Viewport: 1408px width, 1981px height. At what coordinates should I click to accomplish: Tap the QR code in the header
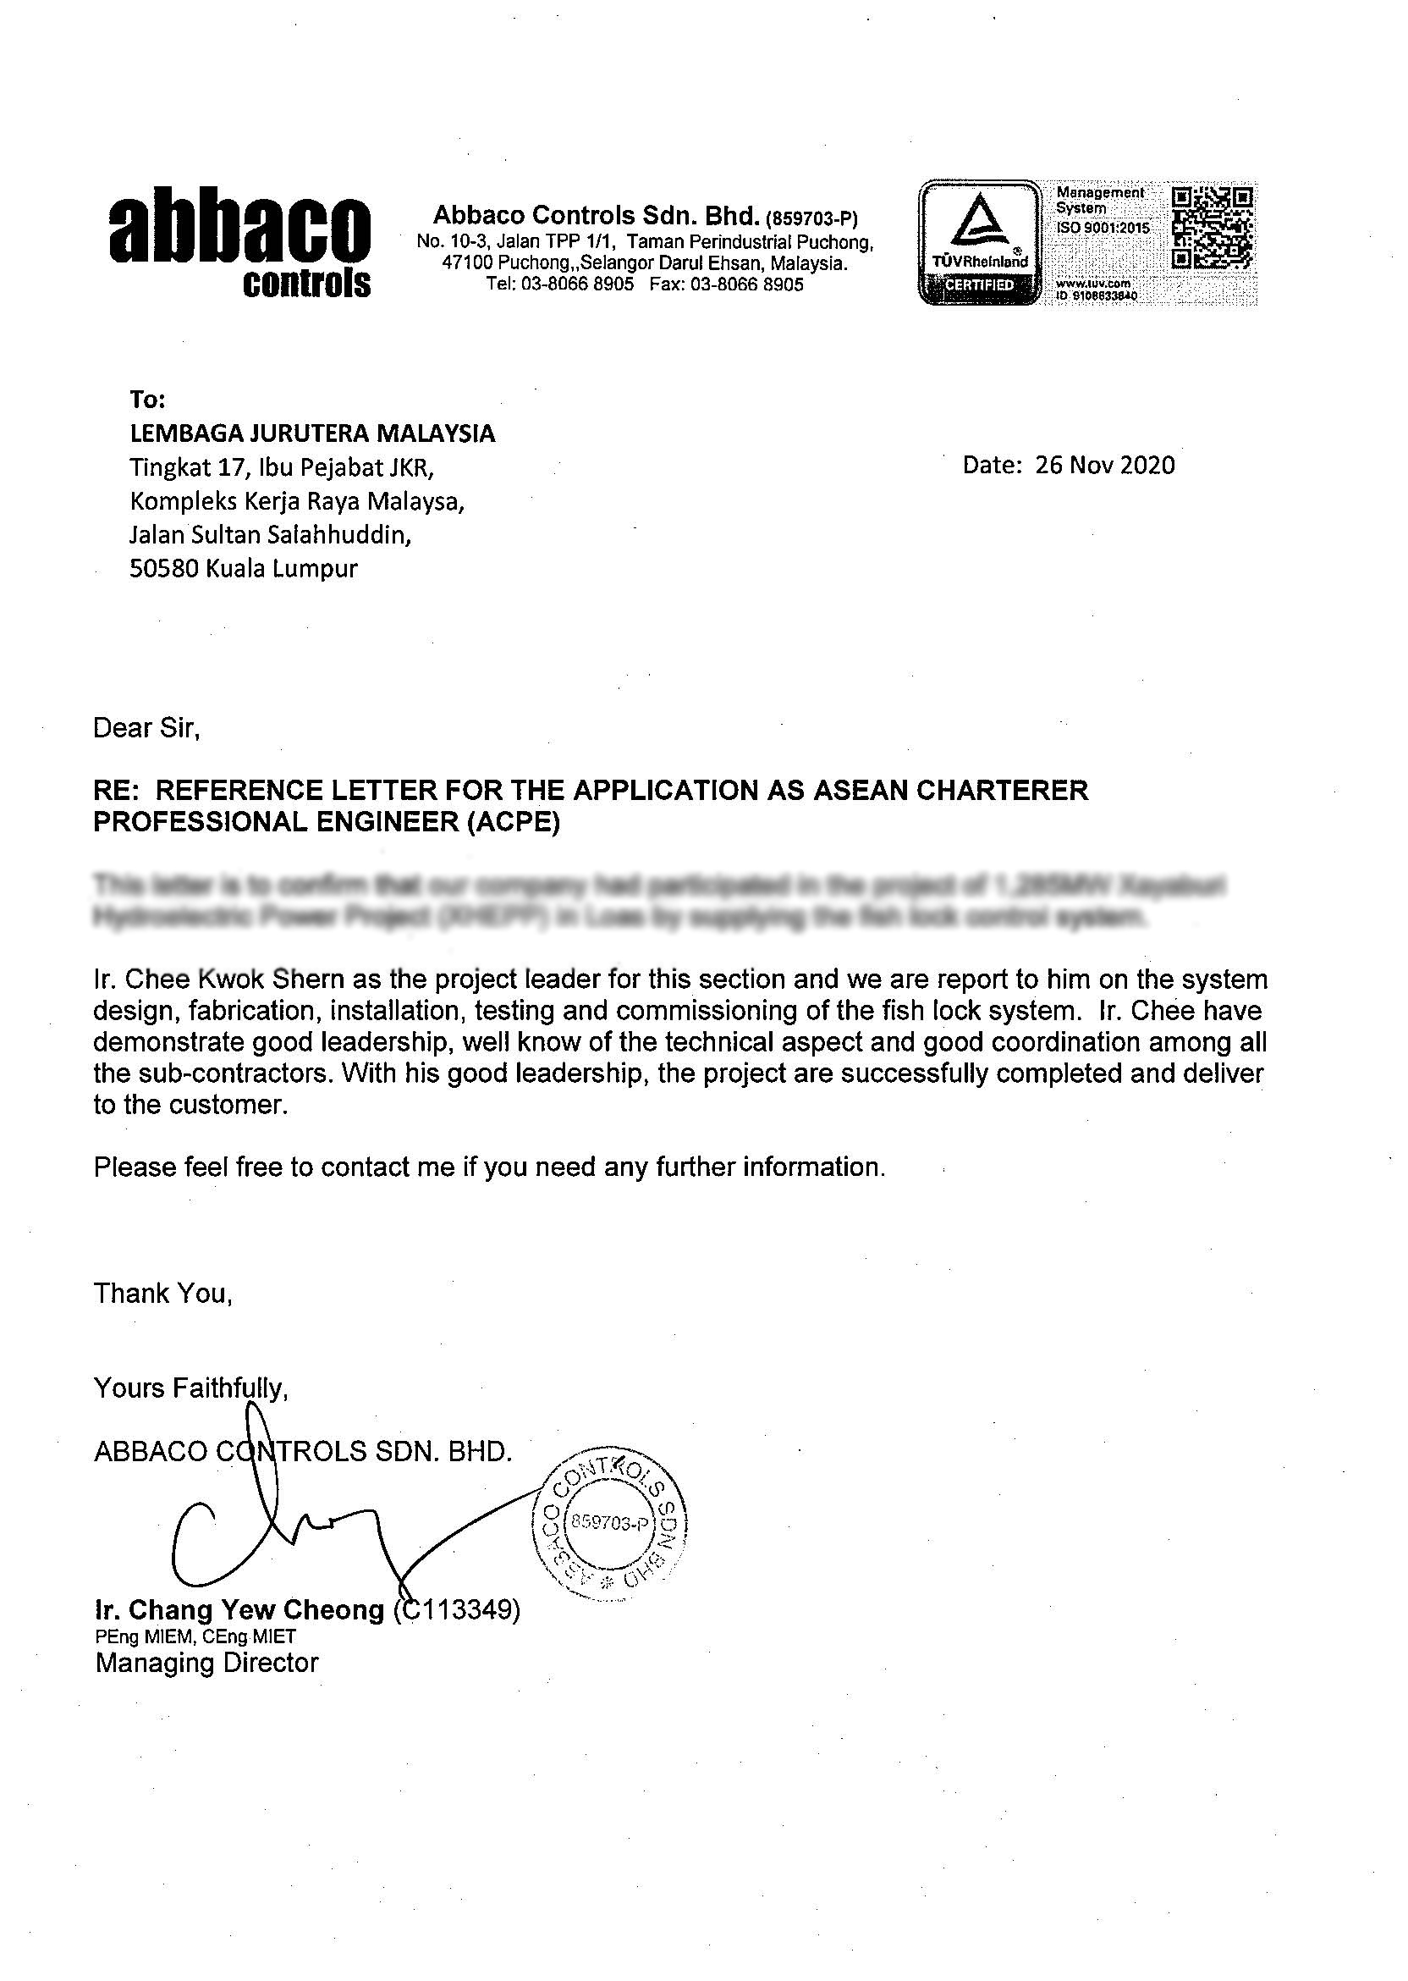[1212, 227]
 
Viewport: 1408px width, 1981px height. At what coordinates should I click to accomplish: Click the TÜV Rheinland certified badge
[979, 242]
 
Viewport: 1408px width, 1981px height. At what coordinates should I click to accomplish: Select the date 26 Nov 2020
[1104, 465]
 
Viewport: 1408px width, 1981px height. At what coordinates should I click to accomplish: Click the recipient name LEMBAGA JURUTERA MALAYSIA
[312, 433]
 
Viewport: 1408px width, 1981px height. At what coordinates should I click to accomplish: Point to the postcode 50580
[164, 569]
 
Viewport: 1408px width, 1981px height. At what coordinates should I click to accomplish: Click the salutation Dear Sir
[146, 728]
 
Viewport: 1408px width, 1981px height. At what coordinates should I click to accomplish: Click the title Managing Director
[207, 1663]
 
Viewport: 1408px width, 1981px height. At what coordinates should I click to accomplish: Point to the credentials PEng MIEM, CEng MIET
[195, 1636]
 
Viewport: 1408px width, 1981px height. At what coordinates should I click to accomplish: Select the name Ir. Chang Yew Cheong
[239, 1610]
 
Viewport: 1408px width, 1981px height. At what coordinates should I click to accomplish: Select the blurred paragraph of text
[659, 901]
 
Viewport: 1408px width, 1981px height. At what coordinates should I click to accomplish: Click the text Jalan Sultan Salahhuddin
[271, 535]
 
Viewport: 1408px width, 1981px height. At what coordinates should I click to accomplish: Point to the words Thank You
[163, 1294]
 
